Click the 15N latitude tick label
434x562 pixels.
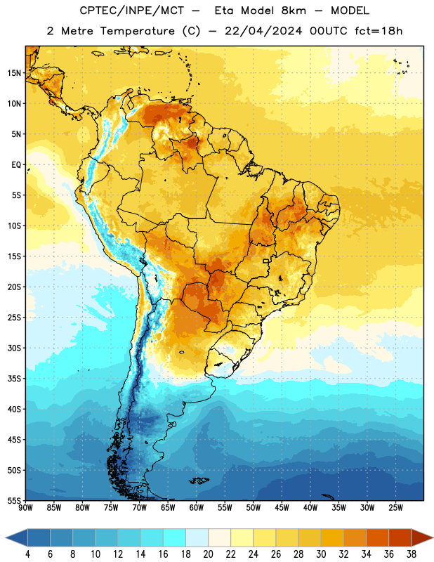click(x=14, y=73)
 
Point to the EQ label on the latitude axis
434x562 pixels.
click(x=16, y=165)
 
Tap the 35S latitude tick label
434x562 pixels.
click(x=14, y=379)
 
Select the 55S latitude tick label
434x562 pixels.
click(x=14, y=500)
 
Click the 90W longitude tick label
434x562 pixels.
click(x=25, y=508)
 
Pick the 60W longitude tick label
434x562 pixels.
click(x=197, y=508)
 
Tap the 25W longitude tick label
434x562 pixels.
click(x=395, y=508)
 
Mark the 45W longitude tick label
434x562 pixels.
click(x=282, y=508)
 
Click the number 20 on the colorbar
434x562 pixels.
click(x=208, y=554)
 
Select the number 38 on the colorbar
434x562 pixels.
click(x=412, y=554)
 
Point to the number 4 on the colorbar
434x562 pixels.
click(x=27, y=554)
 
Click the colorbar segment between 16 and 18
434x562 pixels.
click(x=175, y=537)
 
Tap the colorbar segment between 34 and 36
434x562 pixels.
click(x=378, y=537)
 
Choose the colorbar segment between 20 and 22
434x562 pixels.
click(x=220, y=537)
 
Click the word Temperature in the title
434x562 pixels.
click(x=137, y=31)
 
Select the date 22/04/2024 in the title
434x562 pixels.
click(x=263, y=31)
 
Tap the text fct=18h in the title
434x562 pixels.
click(x=379, y=31)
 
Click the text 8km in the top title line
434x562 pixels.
click(x=294, y=11)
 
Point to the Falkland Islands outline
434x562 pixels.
click(x=199, y=481)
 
